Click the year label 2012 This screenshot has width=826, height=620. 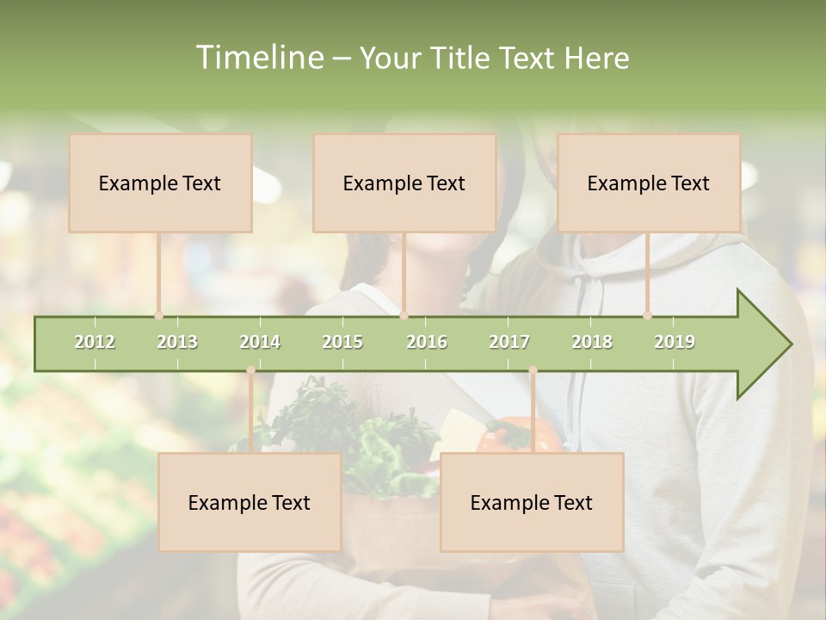point(95,342)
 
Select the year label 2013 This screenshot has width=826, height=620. point(177,342)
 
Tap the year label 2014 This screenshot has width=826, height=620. point(260,342)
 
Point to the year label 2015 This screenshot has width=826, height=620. point(342,342)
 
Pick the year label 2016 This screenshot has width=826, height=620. point(427,342)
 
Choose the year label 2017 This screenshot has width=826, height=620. point(509,342)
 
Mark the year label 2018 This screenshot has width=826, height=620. point(592,342)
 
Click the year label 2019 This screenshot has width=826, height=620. point(675,342)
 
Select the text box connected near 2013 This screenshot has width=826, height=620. point(160,183)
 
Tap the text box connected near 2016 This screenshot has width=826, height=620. point(404,183)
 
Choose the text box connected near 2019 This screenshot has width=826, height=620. point(649,183)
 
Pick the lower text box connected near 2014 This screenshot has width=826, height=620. point(250,502)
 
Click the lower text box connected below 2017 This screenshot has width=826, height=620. point(532,502)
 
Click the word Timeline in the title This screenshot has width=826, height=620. point(258,58)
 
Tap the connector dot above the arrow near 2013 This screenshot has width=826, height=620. point(158,316)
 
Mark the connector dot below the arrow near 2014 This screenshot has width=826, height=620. point(250,370)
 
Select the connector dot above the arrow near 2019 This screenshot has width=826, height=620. point(648,316)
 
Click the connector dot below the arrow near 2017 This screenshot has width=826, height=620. point(533,370)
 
